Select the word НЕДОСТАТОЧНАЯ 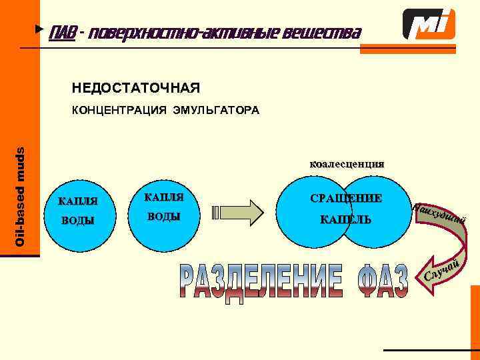(135, 88)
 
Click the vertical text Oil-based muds (21, 196)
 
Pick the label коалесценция (346, 163)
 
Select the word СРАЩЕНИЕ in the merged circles (346, 198)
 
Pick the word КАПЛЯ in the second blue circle (163, 197)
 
